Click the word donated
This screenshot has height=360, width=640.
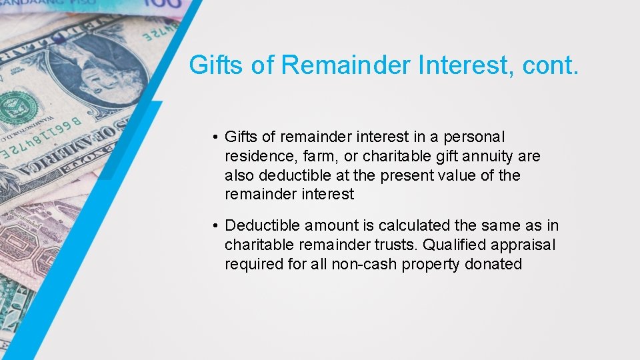[494, 265]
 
